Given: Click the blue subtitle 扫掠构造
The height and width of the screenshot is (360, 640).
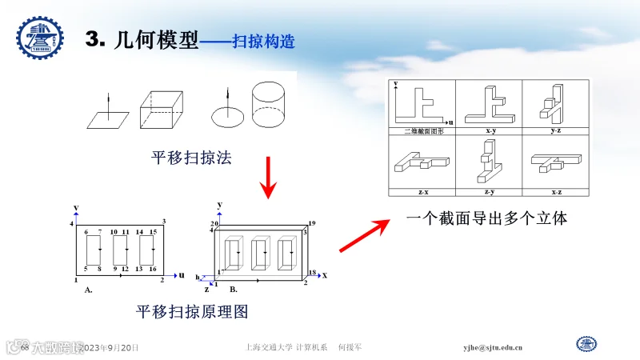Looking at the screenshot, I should (x=263, y=42).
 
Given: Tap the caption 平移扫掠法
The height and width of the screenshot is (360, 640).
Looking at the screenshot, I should (x=191, y=158).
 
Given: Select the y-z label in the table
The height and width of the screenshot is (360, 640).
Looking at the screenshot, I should (x=556, y=130).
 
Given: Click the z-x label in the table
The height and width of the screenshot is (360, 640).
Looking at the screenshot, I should (x=422, y=192).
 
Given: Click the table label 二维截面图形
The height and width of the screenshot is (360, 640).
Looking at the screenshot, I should (x=422, y=130).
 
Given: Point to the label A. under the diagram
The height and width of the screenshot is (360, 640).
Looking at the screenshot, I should (x=88, y=290).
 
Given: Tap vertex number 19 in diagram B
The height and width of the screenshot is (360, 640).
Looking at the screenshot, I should (x=312, y=223).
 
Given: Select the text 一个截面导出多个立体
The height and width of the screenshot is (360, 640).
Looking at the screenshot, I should (x=486, y=217).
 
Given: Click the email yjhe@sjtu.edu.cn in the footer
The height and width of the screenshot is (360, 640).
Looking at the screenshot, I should (x=494, y=347).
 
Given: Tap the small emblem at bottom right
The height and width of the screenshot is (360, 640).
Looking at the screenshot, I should (x=587, y=344).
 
